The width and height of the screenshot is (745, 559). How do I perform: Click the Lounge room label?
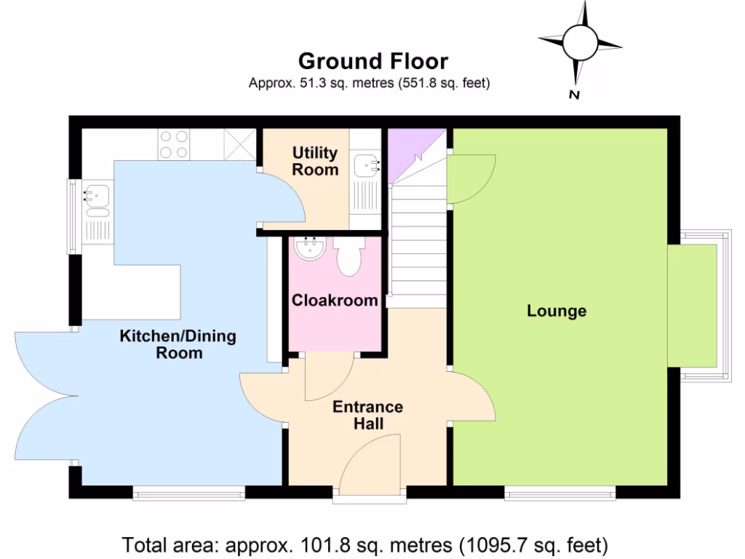pyautogui.click(x=557, y=311)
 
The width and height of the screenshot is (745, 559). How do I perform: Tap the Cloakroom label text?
pyautogui.click(x=335, y=300)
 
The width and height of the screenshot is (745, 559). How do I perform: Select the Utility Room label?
pyautogui.click(x=315, y=161)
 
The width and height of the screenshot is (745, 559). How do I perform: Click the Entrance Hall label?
pyautogui.click(x=367, y=415)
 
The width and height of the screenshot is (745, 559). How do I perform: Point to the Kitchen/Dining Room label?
pyautogui.click(x=178, y=344)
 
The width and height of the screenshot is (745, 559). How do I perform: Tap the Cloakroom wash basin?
pyautogui.click(x=311, y=250)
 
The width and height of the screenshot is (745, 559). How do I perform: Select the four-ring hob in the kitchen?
pyautogui.click(x=174, y=143)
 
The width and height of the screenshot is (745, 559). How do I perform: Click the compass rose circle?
pyautogui.click(x=580, y=41)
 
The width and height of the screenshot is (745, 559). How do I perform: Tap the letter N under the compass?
pyautogui.click(x=574, y=94)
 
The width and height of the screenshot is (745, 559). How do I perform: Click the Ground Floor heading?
pyautogui.click(x=372, y=61)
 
